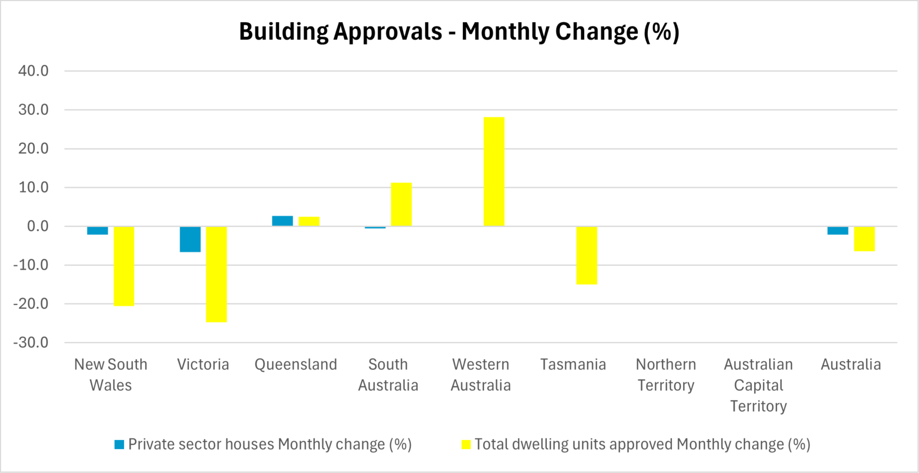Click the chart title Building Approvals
click(x=459, y=32)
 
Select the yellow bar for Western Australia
click(x=494, y=172)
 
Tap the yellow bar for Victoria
click(x=216, y=274)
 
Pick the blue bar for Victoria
click(x=190, y=239)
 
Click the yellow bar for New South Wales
click(x=124, y=266)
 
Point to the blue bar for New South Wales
click(x=97, y=230)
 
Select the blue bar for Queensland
click(x=282, y=221)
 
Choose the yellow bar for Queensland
click(x=309, y=221)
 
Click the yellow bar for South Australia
click(x=401, y=204)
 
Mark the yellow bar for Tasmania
click(x=586, y=255)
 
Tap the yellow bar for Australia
click(x=864, y=239)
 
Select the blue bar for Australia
click(x=838, y=230)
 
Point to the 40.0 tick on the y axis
click(x=33, y=71)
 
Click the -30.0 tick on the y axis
click(x=31, y=343)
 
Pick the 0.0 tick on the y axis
click(x=37, y=226)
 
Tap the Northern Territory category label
click(x=665, y=375)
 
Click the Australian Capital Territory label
click(x=758, y=385)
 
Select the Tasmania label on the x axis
click(x=573, y=365)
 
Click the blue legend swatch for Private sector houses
click(x=119, y=444)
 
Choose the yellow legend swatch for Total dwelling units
click(x=466, y=444)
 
